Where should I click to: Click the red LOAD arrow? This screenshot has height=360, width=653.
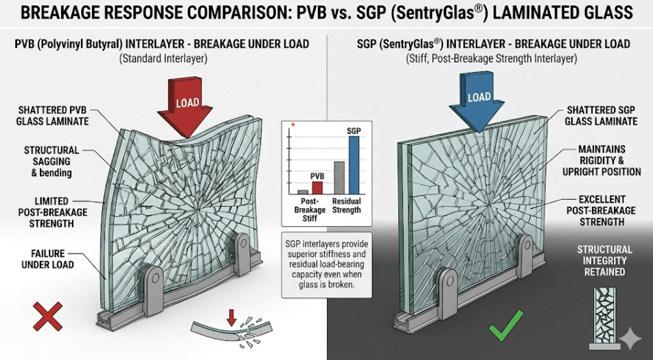pos(185,106)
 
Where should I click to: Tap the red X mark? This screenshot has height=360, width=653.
pos(47,317)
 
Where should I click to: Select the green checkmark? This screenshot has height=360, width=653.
pos(506,326)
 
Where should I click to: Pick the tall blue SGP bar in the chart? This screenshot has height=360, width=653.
pos(353,165)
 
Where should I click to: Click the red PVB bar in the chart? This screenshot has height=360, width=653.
pos(317,188)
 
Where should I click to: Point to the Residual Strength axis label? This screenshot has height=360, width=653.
pos(347,205)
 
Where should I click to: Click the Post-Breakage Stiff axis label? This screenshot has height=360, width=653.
pos(310,210)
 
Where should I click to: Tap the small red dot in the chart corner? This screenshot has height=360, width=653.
pos(293,124)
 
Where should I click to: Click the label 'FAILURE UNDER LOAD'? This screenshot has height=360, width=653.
pos(48,259)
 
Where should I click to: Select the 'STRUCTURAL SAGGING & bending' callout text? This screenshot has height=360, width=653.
pos(51,161)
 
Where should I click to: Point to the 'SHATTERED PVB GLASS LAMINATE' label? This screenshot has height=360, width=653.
pos(52,116)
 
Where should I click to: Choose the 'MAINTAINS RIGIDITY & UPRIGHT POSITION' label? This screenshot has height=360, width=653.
pos(602,160)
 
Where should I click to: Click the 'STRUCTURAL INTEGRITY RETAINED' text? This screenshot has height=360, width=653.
pos(605,261)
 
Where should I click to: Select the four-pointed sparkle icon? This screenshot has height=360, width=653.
pos(630,337)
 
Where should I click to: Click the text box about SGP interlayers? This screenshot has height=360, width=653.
pos(327,265)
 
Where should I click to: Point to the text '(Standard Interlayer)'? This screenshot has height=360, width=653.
pos(163,59)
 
